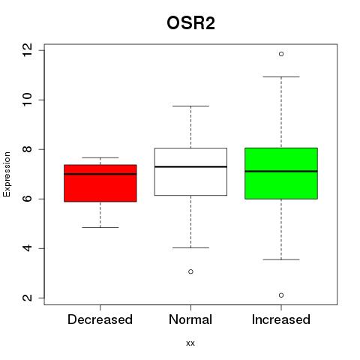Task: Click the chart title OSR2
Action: (x=190, y=23)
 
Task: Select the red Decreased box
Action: (x=100, y=183)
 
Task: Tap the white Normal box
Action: (x=190, y=172)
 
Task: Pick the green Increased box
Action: (x=281, y=173)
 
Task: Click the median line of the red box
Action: (x=100, y=174)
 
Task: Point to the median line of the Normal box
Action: (x=190, y=166)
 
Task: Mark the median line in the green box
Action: (x=281, y=171)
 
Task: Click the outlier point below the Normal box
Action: (x=190, y=271)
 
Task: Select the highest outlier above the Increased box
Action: (x=281, y=54)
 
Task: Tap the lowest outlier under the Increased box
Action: (x=281, y=295)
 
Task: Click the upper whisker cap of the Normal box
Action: (x=190, y=106)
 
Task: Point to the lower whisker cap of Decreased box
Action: (x=100, y=227)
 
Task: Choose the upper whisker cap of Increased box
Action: (x=281, y=77)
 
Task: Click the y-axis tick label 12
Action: (x=28, y=50)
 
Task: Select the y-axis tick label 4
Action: (x=28, y=248)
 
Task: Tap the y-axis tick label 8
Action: (x=28, y=149)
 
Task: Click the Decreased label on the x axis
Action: (x=100, y=319)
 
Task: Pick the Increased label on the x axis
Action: (x=281, y=319)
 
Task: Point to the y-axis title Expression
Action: (x=7, y=174)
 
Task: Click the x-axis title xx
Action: (x=190, y=343)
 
